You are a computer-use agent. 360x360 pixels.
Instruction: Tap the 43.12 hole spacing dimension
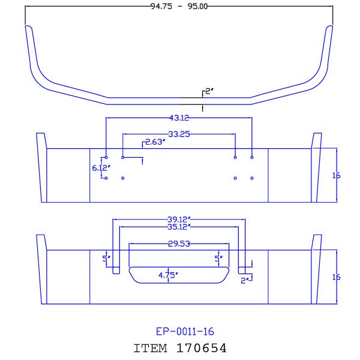(178, 117)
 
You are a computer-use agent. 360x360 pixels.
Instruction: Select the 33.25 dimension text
(178, 134)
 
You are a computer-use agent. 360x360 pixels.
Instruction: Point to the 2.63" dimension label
(154, 142)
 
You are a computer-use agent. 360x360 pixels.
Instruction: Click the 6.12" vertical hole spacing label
(100, 169)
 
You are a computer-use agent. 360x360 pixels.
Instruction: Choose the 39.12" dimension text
(179, 219)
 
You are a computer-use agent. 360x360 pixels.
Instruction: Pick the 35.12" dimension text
(179, 227)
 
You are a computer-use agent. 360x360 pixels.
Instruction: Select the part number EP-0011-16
(185, 331)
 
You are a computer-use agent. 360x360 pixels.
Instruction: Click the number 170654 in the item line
(202, 347)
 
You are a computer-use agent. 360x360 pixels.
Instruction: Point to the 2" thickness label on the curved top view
(209, 91)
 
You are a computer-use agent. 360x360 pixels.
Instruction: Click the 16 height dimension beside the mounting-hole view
(336, 175)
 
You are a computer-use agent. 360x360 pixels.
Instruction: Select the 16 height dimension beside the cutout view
(336, 277)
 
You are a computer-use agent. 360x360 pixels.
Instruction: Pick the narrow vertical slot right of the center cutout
(242, 263)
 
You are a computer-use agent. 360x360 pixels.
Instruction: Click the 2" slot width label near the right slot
(244, 280)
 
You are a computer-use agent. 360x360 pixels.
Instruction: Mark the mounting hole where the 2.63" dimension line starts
(122, 157)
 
